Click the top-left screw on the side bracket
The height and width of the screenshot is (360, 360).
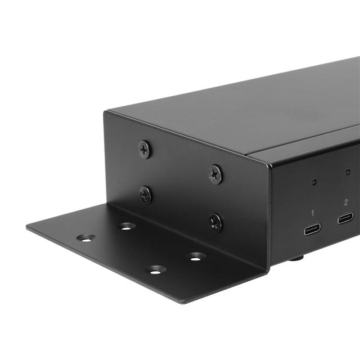(145, 149)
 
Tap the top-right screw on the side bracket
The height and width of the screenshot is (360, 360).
(215, 174)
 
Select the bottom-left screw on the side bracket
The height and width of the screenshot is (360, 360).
(145, 195)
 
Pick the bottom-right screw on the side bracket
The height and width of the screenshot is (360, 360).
(215, 222)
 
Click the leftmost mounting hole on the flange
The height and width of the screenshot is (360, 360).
(85, 238)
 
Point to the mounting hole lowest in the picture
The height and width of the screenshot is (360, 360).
(156, 270)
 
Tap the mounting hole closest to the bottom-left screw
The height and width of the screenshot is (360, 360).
(127, 226)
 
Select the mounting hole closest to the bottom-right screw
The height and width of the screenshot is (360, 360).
(195, 256)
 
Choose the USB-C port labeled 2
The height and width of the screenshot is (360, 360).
(345, 218)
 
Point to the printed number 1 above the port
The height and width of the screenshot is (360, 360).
(313, 213)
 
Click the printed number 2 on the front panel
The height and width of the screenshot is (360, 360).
(345, 201)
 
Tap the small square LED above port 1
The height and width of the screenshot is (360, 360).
(315, 182)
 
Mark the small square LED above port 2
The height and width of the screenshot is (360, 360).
(348, 172)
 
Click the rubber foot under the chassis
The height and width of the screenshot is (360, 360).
(296, 259)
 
